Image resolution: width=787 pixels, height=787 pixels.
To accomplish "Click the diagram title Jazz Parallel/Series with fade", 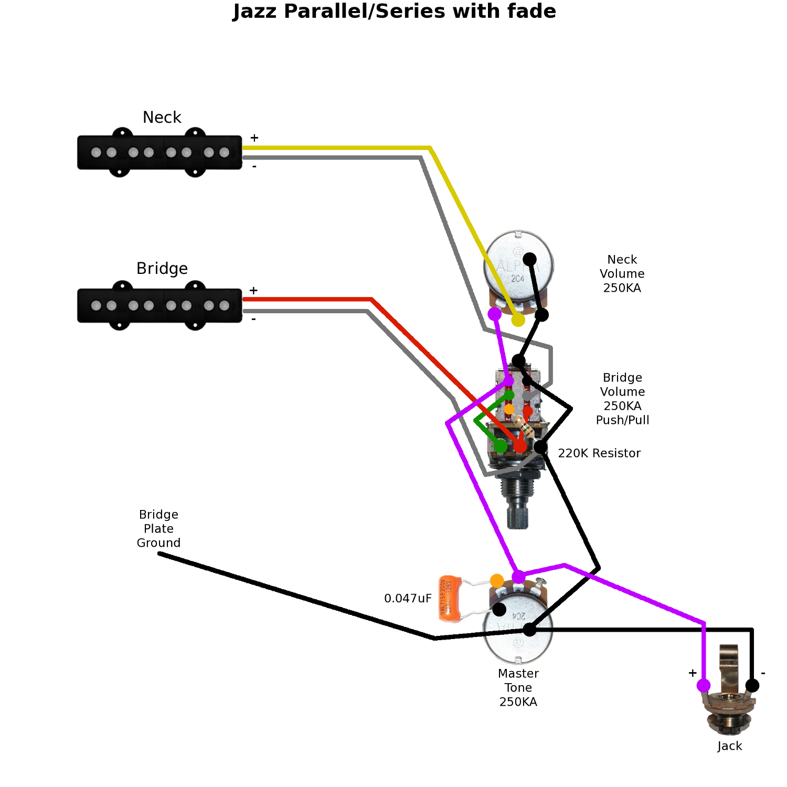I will click(x=394, y=12).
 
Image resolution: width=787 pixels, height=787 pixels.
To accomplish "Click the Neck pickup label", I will click(x=162, y=118).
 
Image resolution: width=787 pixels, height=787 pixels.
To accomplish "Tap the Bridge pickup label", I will click(x=162, y=269).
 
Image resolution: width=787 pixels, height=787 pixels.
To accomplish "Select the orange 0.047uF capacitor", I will click(x=450, y=599).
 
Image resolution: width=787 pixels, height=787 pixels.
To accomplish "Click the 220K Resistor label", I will click(x=599, y=453).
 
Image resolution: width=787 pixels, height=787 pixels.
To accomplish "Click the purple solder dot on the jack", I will click(x=704, y=685).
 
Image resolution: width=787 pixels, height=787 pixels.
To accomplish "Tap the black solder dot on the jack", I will click(x=752, y=685).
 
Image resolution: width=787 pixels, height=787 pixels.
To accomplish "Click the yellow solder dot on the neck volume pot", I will click(x=518, y=320).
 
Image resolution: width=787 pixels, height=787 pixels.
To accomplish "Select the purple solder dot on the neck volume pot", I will click(x=494, y=314).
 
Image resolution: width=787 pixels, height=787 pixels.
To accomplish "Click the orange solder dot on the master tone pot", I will click(x=497, y=581).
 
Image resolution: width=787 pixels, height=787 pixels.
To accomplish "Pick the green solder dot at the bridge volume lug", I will click(x=501, y=446).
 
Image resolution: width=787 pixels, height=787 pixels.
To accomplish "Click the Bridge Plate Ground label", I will click(x=158, y=529).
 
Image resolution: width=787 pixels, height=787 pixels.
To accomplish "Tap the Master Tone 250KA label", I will click(x=518, y=688).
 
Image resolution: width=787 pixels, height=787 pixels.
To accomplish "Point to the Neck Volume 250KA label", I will click(x=622, y=274).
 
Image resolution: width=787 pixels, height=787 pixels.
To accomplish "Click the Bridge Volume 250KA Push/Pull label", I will click(x=622, y=399).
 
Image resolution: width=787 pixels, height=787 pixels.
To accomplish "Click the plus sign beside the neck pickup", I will click(x=254, y=138).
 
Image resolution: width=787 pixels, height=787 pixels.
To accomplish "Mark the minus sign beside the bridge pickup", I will click(x=254, y=320).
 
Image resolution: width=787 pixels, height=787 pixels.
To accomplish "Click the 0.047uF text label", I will click(x=408, y=599).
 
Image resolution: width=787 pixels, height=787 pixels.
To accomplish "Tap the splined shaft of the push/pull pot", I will click(x=518, y=514).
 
